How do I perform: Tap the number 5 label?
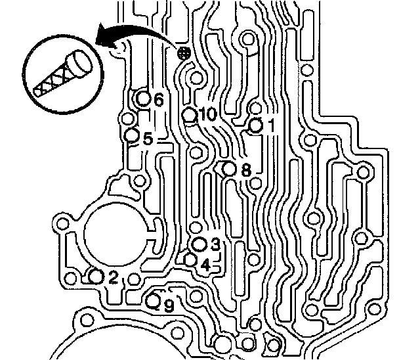point(147,139)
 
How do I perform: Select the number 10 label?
point(207,114)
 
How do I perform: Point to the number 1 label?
point(270,124)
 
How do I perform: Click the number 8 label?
point(246,169)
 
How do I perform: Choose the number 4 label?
point(205,265)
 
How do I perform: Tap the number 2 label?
point(113,278)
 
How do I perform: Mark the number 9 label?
point(169,305)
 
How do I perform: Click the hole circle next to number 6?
point(144,100)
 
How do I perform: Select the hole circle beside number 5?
point(132,136)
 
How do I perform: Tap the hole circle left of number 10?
point(190,116)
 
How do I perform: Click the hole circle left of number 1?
point(256,125)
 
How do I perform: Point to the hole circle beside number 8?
point(229,169)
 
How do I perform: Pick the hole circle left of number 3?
point(199,245)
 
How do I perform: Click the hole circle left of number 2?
point(96,277)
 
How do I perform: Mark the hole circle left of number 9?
point(153,302)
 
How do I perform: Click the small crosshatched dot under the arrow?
point(184,53)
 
